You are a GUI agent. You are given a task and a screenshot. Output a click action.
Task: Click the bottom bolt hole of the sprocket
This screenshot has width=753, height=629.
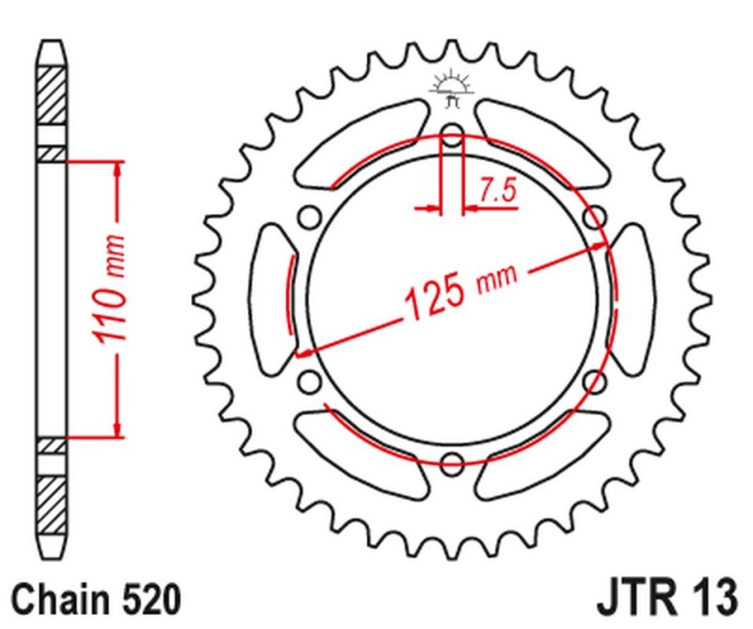[x=452, y=463]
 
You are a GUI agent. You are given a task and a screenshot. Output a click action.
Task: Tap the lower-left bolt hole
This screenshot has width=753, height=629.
[x=307, y=382]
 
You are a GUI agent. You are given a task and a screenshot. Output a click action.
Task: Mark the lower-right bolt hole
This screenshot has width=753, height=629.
[x=593, y=382]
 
